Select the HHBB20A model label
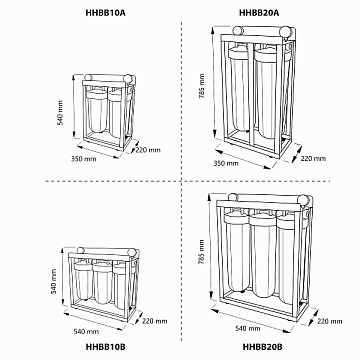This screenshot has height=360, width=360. [x=260, y=13]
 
